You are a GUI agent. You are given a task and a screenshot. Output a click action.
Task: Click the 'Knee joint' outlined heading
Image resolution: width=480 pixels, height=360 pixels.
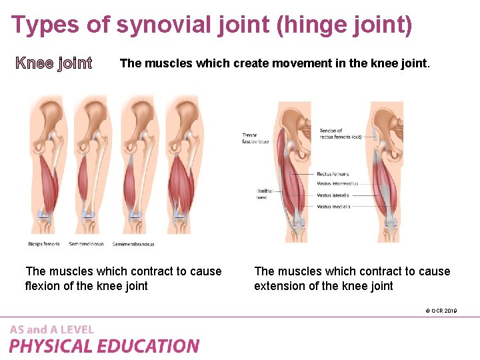pos(54,63)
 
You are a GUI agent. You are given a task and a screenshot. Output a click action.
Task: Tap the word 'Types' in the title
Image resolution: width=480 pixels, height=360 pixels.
pos(40,25)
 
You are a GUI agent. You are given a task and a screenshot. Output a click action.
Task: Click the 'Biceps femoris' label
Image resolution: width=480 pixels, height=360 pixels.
pos(44,244)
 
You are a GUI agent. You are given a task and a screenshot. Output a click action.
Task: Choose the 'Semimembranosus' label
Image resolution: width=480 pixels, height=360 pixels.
pos(133,244)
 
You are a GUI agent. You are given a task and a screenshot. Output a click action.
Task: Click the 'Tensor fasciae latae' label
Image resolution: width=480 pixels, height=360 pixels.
pos(255,138)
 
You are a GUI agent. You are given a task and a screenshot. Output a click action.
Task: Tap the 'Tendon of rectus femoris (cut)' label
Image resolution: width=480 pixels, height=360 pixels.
pos(340,133)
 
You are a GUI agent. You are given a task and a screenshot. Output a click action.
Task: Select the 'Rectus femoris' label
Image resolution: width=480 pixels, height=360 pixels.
pos(333,174)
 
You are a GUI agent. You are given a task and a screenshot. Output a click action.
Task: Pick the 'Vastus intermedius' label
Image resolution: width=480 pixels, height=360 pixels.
pos(337,183)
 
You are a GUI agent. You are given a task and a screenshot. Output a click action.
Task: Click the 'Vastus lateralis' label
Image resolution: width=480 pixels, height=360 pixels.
pos(333,195)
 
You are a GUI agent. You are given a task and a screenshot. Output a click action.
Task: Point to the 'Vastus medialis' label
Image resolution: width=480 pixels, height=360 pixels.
pos(333,207)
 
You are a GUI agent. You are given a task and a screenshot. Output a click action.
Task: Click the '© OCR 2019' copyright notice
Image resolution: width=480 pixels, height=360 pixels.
pos(440,311)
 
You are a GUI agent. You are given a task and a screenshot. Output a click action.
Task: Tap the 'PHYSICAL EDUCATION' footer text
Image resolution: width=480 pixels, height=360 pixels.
pos(104,346)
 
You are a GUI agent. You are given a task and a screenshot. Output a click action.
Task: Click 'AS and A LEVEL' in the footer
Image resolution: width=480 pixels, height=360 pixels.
pos(52,329)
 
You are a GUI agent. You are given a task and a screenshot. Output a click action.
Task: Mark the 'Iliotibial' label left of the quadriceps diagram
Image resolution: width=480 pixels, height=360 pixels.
pos(265,191)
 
